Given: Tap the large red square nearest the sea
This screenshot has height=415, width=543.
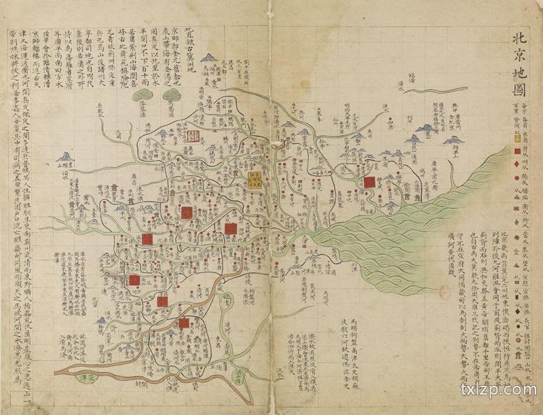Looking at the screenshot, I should pos(369,182).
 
